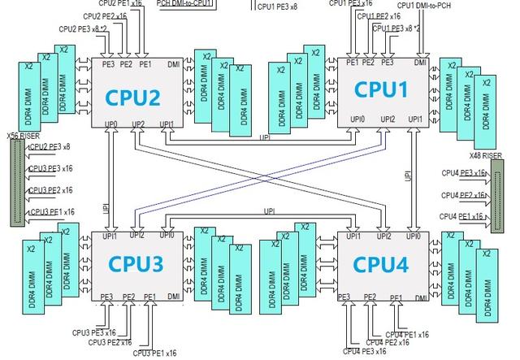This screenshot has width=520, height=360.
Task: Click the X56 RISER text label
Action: click(x=22, y=137)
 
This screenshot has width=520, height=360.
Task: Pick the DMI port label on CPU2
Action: click(x=172, y=63)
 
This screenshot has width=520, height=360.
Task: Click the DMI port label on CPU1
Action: click(x=419, y=63)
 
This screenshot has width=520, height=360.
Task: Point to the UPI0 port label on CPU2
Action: click(x=110, y=124)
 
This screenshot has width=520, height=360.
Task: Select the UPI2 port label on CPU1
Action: click(x=387, y=119)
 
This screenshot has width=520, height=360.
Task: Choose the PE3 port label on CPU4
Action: click(x=344, y=297)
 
